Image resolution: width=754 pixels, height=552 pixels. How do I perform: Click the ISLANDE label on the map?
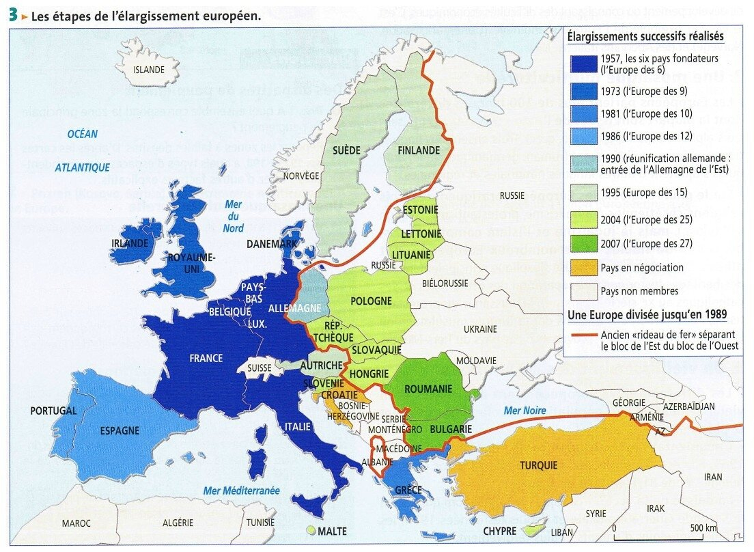pyautogui.click(x=149, y=70)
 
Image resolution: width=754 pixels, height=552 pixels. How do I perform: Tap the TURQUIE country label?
pyautogui.click(x=538, y=465)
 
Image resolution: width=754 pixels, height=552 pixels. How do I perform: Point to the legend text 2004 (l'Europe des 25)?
pyautogui.click(x=646, y=219)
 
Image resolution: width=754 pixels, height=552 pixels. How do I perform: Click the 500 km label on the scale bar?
pyautogui.click(x=702, y=528)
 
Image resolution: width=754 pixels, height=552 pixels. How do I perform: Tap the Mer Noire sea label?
pyautogui.click(x=525, y=411)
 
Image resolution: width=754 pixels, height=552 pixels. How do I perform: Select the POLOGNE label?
pyautogui.click(x=371, y=301)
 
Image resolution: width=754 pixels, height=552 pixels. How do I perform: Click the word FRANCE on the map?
pyautogui.click(x=206, y=358)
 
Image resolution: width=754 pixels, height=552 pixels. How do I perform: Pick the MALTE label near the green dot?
pyautogui.click(x=333, y=531)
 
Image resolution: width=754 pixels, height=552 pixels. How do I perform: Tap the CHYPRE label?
pyautogui.click(x=499, y=531)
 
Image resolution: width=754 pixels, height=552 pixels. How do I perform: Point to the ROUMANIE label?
pyautogui.click(x=428, y=389)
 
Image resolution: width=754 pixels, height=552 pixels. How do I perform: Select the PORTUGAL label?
pyautogui.click(x=53, y=411)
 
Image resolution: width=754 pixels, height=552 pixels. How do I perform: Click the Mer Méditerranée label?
pyautogui.click(x=241, y=491)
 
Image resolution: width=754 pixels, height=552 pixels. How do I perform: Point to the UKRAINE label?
pyautogui.click(x=480, y=329)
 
